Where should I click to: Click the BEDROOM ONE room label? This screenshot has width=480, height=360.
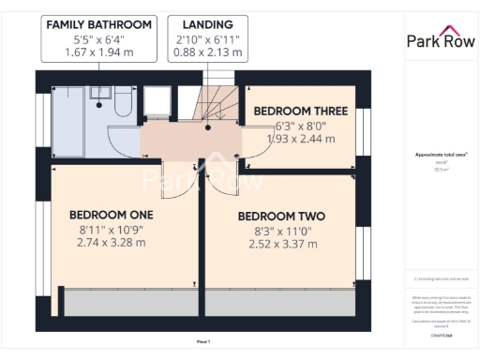[x=111, y=214]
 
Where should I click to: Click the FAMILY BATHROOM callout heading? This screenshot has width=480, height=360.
[x=98, y=23]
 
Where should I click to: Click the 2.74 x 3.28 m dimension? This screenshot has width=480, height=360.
[x=111, y=243]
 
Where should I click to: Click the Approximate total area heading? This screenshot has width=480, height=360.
[x=440, y=155]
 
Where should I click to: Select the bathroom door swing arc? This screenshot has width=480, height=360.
[x=122, y=141]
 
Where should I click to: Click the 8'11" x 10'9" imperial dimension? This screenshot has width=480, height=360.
[x=111, y=229]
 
